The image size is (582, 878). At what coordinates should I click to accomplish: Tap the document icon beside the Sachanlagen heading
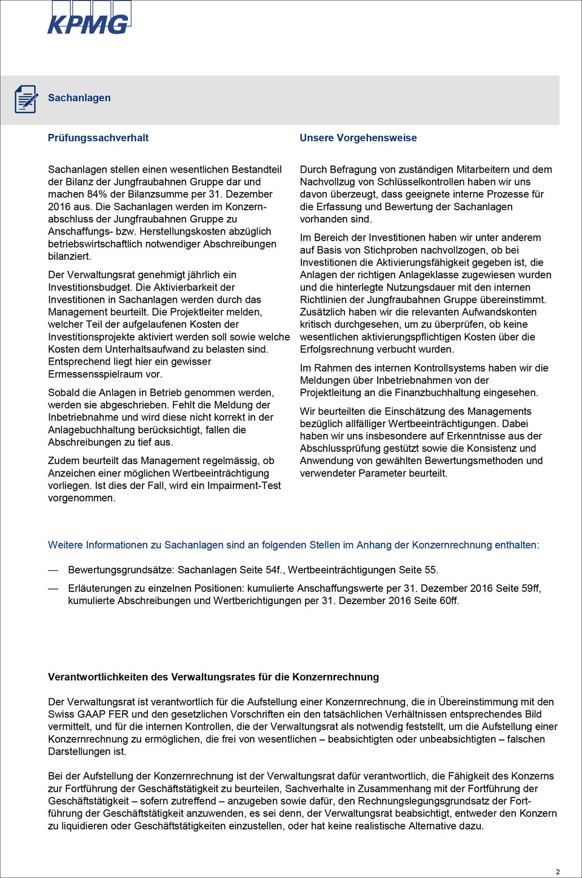(x=26, y=99)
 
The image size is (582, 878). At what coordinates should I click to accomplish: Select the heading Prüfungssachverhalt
(x=98, y=138)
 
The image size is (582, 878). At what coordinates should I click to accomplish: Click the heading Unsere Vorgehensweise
(x=358, y=138)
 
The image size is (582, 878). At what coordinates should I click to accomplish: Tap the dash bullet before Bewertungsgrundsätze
(x=53, y=570)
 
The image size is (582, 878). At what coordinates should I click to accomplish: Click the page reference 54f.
(x=273, y=570)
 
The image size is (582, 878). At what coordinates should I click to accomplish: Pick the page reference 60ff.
(x=449, y=600)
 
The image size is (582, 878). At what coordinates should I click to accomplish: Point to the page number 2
(x=558, y=871)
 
